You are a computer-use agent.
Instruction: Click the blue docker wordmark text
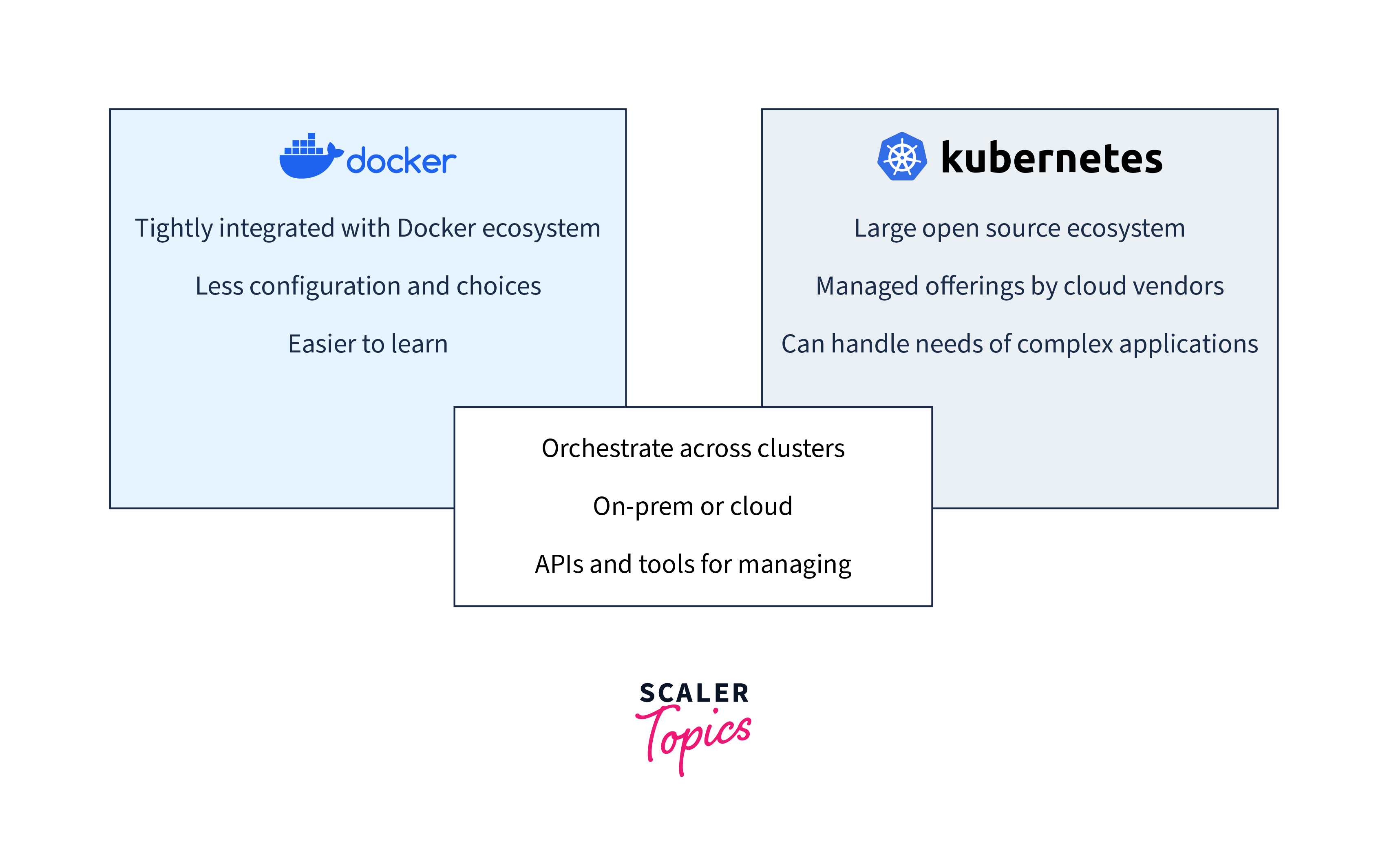point(401,161)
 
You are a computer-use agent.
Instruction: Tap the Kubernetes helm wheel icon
point(902,157)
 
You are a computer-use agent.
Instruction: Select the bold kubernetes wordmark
point(1051,158)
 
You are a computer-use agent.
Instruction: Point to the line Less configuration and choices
point(368,286)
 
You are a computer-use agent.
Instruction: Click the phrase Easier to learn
point(368,344)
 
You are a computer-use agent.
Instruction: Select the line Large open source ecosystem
point(1019,228)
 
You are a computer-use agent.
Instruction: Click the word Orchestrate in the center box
point(607,448)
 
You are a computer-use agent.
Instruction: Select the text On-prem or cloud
point(692,506)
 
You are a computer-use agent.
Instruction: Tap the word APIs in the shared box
point(559,564)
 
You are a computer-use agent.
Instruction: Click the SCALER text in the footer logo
point(694,693)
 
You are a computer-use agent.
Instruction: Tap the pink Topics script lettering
point(694,735)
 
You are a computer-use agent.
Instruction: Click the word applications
point(1188,344)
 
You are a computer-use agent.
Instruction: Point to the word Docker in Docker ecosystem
point(436,228)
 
